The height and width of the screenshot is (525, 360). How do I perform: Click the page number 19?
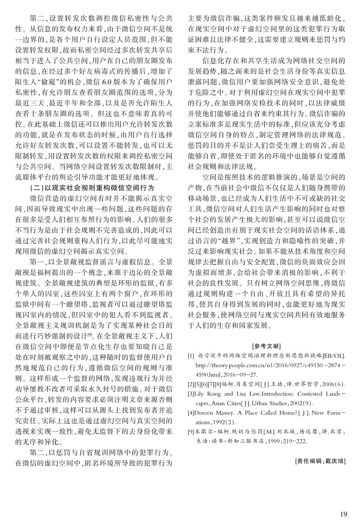pos(344,513)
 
